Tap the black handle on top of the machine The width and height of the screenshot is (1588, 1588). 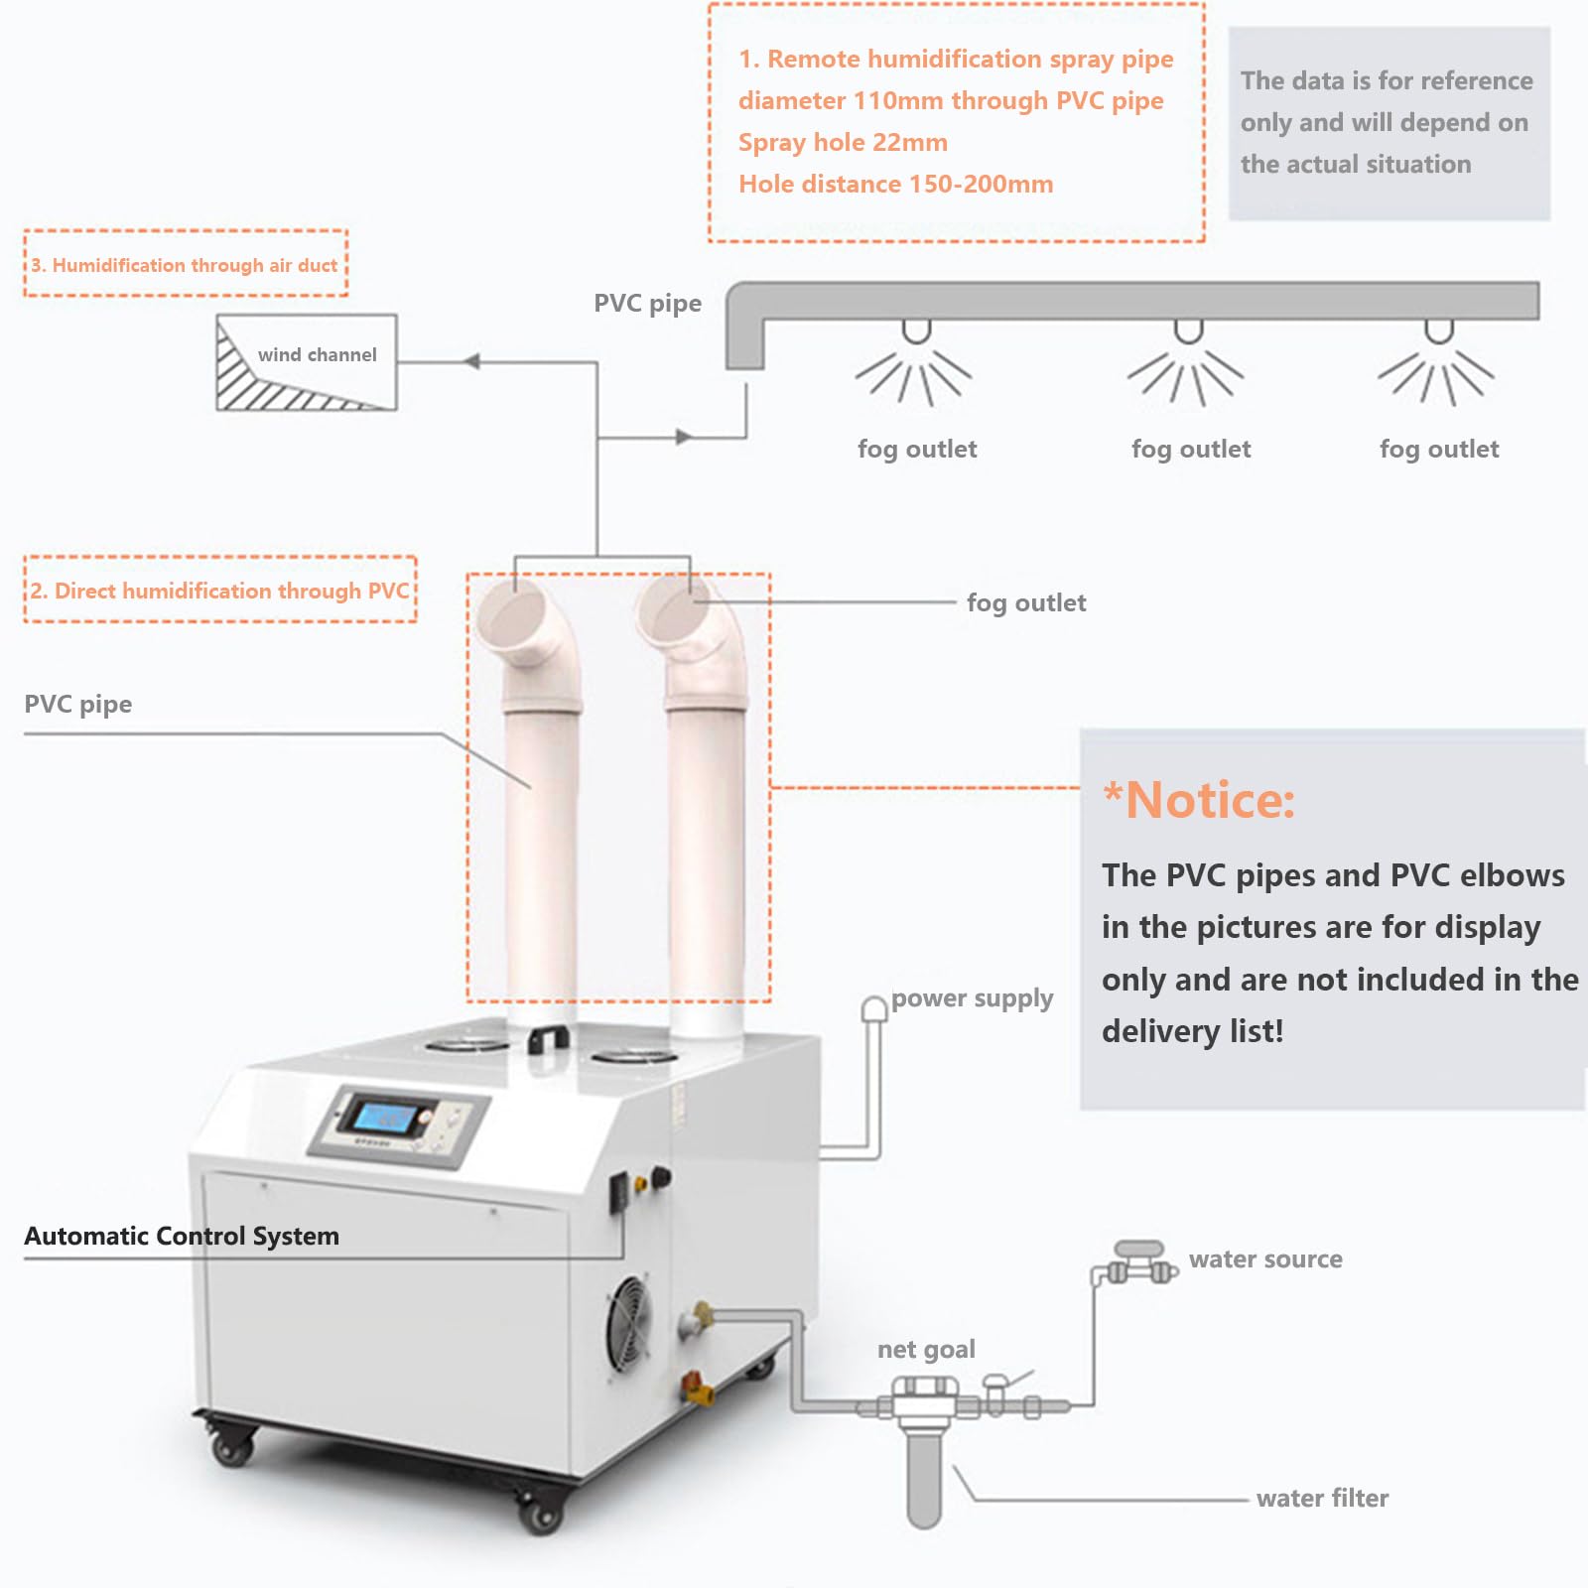click(x=548, y=1038)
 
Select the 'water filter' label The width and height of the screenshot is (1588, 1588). click(x=1322, y=1499)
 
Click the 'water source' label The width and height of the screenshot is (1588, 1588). click(x=1265, y=1259)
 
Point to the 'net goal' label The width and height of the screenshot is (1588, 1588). click(x=926, y=1350)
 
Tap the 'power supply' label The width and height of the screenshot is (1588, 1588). click(x=972, y=998)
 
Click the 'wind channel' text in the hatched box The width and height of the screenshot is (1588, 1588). click(x=317, y=355)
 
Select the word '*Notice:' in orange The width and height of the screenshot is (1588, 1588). click(x=1199, y=800)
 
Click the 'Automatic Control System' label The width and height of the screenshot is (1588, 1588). click(x=182, y=1237)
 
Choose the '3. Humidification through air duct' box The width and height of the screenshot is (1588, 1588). click(x=186, y=264)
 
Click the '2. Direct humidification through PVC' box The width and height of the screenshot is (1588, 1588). click(x=219, y=591)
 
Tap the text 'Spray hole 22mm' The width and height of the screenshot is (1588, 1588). click(x=843, y=143)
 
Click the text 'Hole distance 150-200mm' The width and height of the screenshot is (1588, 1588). click(x=895, y=185)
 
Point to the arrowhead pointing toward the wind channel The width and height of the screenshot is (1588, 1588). click(x=472, y=362)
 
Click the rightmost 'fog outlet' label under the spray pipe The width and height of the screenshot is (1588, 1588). click(x=1439, y=450)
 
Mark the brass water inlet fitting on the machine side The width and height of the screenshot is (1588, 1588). click(x=701, y=1316)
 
